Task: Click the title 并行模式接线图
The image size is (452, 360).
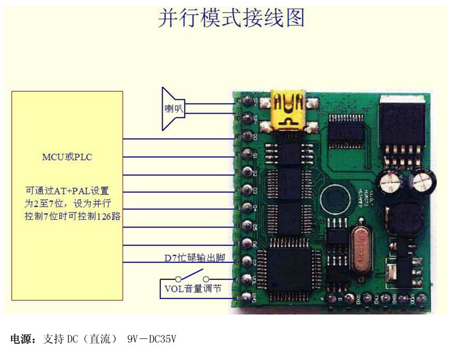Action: tap(231, 17)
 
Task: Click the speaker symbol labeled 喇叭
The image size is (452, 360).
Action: tap(172, 109)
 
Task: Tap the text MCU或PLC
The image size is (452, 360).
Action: tap(66, 158)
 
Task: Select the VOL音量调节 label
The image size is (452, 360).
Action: tap(192, 288)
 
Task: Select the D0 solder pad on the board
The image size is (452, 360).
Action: tap(246, 136)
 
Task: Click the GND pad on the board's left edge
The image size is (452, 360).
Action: tap(246, 297)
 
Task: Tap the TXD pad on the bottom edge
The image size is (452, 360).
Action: tap(376, 298)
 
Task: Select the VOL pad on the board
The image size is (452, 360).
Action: tap(246, 279)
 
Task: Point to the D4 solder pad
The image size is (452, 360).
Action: tap(246, 208)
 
